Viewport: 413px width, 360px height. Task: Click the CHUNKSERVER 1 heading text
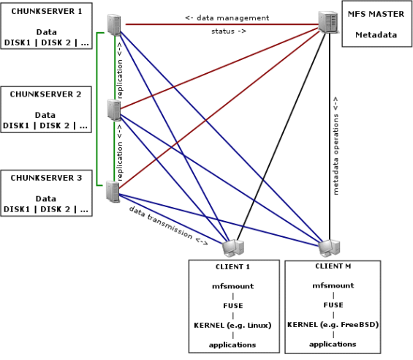coord(47,11)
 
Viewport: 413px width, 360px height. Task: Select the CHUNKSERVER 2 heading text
coord(45,94)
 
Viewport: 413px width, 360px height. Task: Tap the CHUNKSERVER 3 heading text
coord(46,178)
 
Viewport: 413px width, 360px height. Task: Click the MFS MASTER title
coord(376,14)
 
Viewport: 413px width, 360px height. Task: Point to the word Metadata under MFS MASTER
coord(376,35)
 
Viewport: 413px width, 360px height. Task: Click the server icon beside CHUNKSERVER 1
coord(114,25)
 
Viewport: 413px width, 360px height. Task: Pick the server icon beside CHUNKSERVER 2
coord(114,110)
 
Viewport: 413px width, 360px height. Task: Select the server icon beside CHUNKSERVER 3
coord(113,192)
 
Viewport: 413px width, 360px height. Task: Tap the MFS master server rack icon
coord(328,22)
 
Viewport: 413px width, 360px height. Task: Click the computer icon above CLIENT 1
coord(233,248)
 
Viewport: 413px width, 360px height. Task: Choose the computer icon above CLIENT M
coord(329,248)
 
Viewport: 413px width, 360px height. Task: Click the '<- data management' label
coord(227,18)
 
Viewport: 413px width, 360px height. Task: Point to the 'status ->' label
coord(229,31)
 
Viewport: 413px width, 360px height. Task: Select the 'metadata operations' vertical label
coord(336,154)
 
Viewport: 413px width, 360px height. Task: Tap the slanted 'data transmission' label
coord(161,222)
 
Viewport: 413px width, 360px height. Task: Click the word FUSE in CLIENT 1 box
coord(233,306)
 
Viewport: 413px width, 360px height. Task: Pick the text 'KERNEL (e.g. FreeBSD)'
coord(333,325)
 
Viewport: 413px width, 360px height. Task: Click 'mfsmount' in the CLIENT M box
coord(333,285)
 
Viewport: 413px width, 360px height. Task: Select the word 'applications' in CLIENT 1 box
coord(232,345)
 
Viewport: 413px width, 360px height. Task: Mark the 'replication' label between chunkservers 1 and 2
coord(119,78)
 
